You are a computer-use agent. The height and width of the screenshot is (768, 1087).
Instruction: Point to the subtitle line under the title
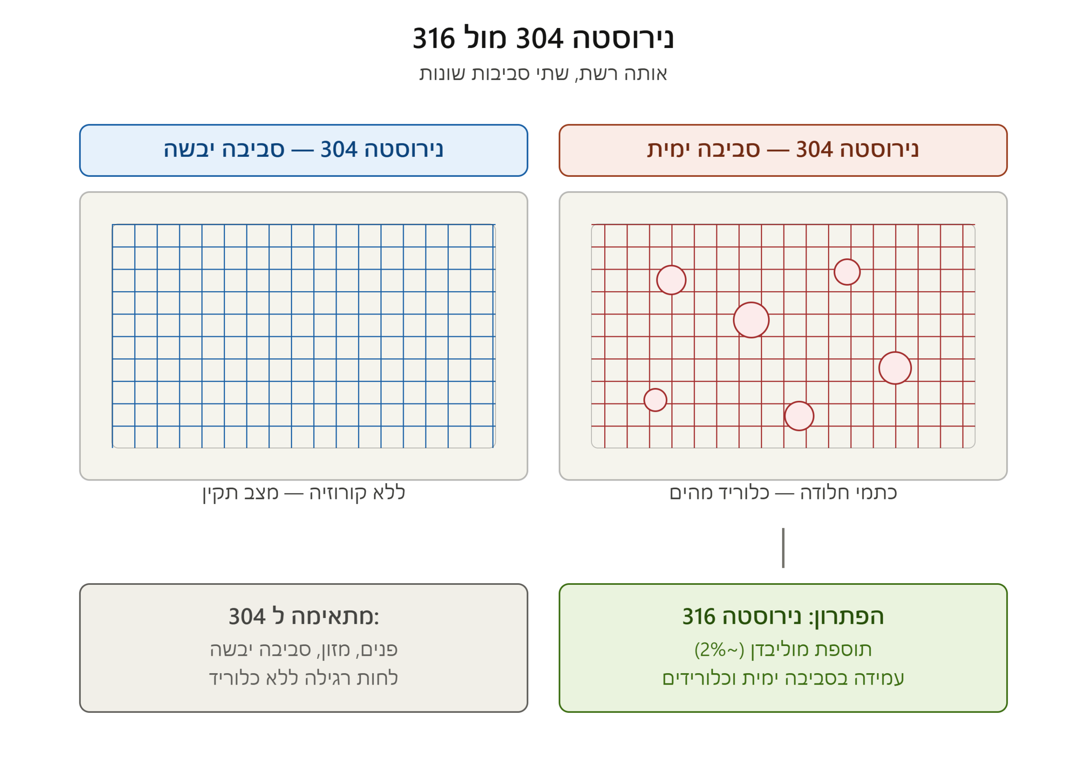click(x=543, y=74)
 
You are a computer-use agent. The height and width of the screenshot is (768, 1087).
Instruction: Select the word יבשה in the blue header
click(x=186, y=149)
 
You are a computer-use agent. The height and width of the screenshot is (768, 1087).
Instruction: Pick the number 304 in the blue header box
click(x=339, y=149)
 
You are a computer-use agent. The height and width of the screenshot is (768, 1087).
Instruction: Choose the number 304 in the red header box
click(x=814, y=149)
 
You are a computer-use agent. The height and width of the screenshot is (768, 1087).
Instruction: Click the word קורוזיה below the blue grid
click(x=338, y=493)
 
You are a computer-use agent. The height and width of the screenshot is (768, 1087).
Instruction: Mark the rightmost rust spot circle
click(x=895, y=368)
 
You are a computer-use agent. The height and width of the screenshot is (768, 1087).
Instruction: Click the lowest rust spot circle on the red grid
click(x=799, y=416)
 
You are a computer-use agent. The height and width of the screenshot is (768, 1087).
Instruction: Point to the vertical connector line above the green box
click(x=783, y=548)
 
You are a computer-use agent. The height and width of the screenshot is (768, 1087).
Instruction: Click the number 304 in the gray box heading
click(x=247, y=617)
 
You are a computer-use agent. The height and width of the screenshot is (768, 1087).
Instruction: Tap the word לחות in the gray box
click(x=377, y=678)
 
